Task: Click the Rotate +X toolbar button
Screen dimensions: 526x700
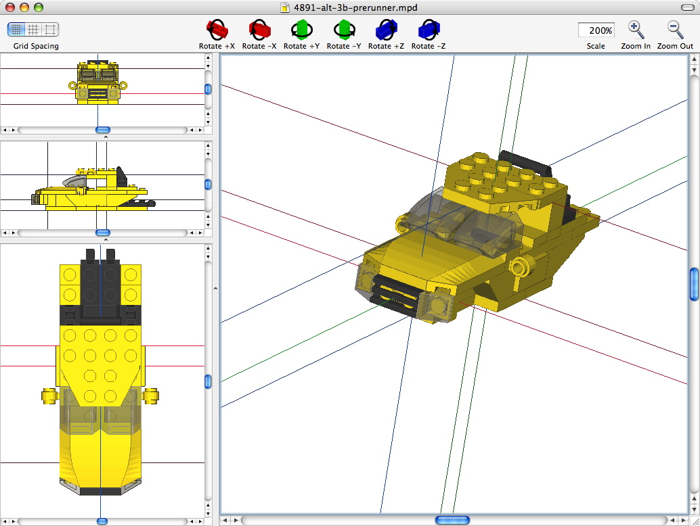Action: click(217, 30)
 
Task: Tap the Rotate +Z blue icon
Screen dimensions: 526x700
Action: click(386, 30)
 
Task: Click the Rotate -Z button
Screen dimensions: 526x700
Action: click(429, 30)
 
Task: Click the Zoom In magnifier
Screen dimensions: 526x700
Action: click(636, 30)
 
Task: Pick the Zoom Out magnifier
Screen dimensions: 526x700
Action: click(675, 30)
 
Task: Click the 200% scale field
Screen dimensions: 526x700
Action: click(596, 30)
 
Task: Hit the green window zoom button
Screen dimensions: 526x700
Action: click(39, 7)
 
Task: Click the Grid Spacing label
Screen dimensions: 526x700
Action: click(36, 46)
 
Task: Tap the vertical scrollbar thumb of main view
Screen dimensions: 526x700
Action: click(693, 284)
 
